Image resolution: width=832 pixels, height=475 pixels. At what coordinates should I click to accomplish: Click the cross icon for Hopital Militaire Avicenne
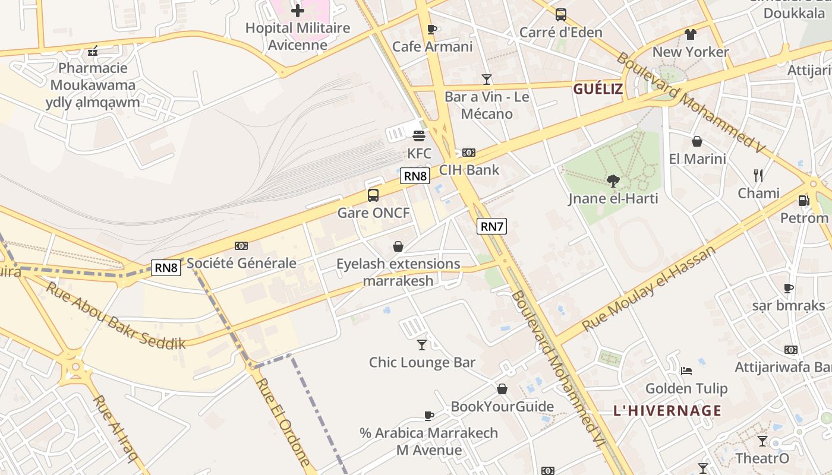298,10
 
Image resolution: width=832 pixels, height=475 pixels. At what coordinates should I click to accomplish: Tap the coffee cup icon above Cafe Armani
432,29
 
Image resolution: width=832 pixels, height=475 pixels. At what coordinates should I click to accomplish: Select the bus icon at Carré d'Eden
560,15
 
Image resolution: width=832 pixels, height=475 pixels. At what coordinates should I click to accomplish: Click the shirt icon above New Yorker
690,34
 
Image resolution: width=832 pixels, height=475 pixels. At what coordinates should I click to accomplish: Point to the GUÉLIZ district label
598,89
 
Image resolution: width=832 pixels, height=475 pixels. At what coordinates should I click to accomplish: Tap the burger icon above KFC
419,136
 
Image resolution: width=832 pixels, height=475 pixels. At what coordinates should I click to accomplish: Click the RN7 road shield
491,226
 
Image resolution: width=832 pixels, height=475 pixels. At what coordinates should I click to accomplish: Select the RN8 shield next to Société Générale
166,268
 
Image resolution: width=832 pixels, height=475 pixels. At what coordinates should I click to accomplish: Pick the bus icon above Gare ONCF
373,195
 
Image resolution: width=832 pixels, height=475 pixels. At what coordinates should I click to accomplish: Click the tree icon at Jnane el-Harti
613,181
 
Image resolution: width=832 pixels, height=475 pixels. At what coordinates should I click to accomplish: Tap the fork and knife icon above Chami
758,175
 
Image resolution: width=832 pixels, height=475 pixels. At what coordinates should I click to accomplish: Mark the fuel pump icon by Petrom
803,201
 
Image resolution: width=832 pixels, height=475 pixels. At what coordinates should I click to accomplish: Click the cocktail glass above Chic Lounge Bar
422,344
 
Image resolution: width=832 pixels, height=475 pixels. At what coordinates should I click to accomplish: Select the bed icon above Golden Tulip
686,371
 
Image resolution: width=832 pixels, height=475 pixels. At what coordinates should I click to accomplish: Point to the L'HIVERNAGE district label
667,410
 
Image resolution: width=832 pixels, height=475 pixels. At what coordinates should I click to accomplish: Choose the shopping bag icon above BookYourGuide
502,389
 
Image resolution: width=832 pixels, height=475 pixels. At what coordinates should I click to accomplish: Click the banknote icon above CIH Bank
469,153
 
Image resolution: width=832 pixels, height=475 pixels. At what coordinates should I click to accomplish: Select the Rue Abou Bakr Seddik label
116,315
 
